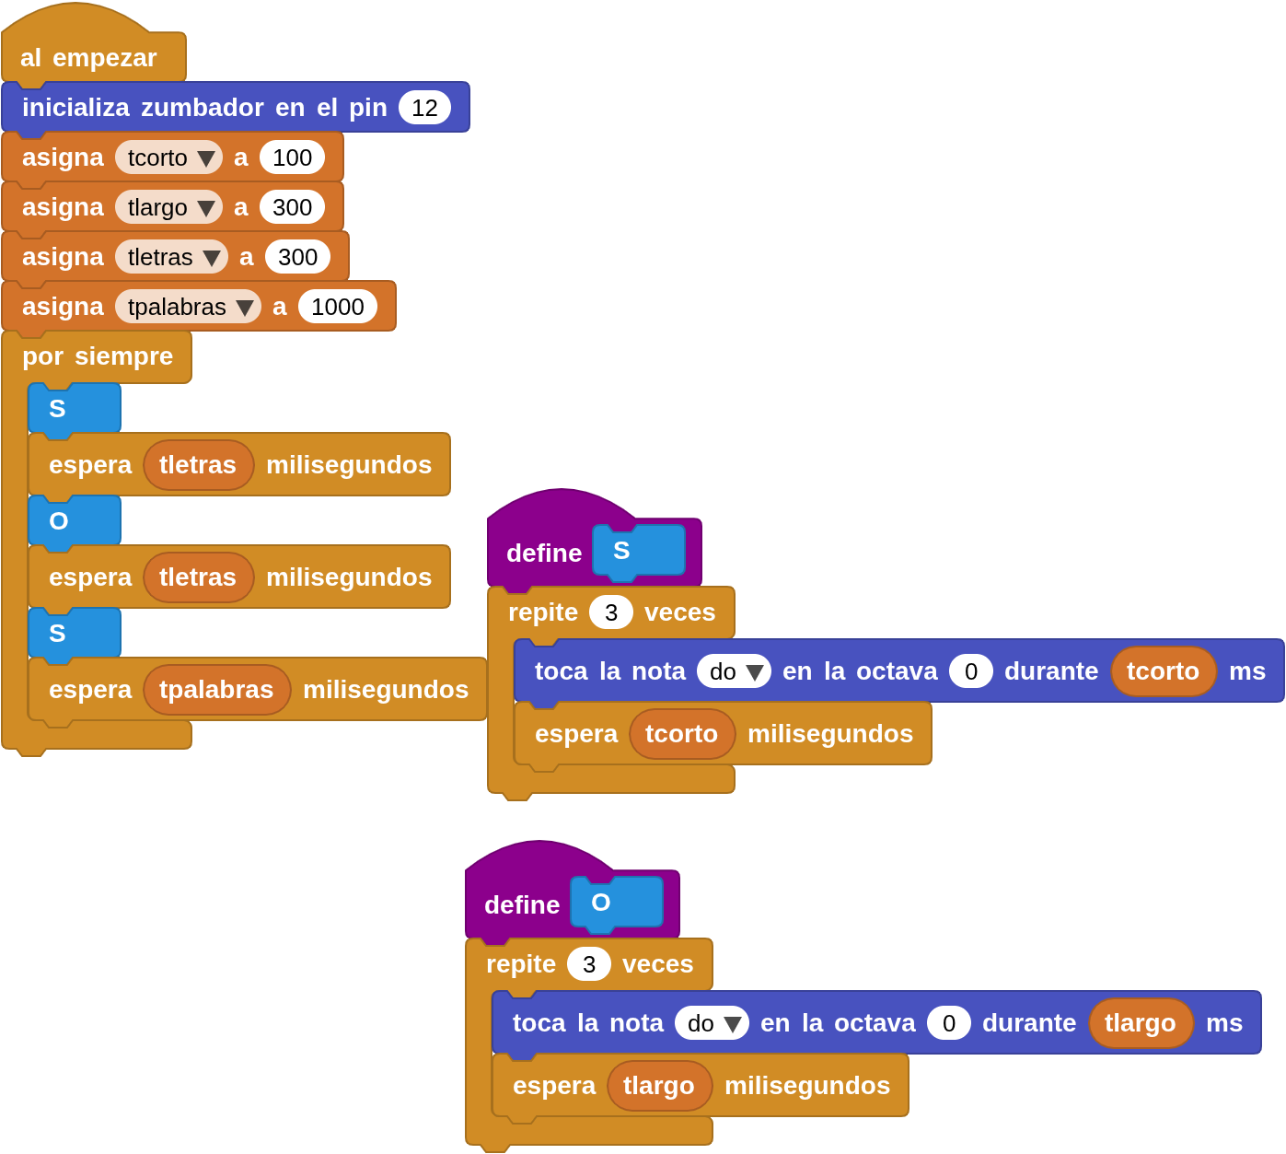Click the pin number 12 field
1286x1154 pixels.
[424, 108]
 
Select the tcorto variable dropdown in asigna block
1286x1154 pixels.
[168, 157]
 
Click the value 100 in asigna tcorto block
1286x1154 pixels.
[292, 157]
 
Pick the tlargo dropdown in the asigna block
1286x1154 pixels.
[168, 207]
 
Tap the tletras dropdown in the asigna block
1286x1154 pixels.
[171, 257]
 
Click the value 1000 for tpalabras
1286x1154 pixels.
[337, 307]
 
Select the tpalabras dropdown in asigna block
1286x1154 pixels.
[188, 307]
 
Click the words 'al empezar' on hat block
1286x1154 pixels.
[88, 57]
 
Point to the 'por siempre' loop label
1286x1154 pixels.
[98, 356]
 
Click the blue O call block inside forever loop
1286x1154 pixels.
[74, 521]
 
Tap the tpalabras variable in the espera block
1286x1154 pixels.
[216, 690]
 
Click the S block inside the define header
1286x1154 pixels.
[639, 551]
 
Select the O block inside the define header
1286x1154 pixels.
[616, 903]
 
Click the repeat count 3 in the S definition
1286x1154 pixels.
[611, 612]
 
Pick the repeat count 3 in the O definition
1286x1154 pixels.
[589, 964]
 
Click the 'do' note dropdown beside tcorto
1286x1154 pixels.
[734, 671]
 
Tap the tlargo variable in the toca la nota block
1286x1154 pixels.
[1141, 1023]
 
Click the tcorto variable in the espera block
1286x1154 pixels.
[682, 734]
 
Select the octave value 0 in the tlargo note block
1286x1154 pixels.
[949, 1023]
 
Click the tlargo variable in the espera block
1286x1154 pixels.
[659, 1086]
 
